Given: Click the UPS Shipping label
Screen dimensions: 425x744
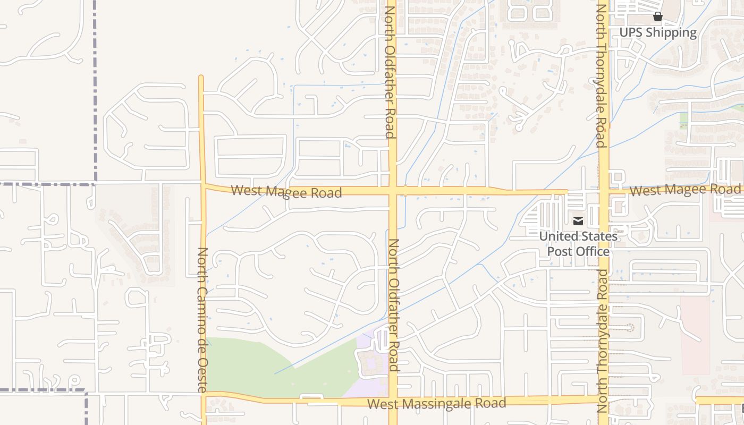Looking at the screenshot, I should pos(657,32).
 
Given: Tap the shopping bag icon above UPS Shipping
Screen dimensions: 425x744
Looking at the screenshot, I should pos(658,16).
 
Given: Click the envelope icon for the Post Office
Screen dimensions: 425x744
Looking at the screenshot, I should pos(578,220).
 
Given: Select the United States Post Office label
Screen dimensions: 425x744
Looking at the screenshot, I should pos(578,243).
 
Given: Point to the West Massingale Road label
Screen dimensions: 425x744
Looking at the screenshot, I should pos(436,403).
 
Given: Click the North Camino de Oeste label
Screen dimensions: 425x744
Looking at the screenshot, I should pos(202,320).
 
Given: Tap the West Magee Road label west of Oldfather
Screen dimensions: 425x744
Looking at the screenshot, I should pos(286,191).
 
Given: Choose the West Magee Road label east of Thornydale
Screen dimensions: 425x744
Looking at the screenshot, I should pos(684,190).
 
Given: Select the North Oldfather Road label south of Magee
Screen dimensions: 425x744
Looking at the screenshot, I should pos(393,304).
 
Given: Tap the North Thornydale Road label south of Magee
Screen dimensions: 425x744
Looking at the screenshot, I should pos(602,341).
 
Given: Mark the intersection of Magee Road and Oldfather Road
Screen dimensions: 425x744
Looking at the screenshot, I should pos(393,190).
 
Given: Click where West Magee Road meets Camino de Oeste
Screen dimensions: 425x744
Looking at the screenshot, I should pos(202,185).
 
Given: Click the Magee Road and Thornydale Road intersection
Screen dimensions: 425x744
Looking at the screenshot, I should pos(604,190).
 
